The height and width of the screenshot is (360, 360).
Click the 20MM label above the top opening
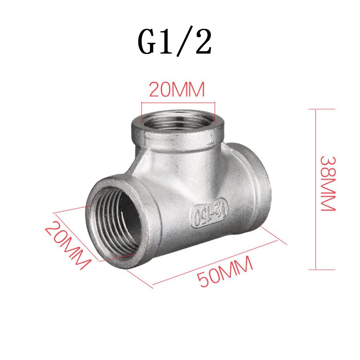pyautogui.click(x=177, y=90)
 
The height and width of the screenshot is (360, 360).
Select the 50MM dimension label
pyautogui.click(x=226, y=272)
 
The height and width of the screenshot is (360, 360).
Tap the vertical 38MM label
pyautogui.click(x=329, y=184)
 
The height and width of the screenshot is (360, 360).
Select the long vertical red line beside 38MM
pyautogui.click(x=316, y=188)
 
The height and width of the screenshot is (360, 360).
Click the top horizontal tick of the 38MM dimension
pyautogui.click(x=322, y=109)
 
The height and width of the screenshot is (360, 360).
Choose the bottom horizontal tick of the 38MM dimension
pyautogui.click(x=322, y=270)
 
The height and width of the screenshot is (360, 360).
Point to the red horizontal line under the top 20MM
pyautogui.click(x=178, y=103)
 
